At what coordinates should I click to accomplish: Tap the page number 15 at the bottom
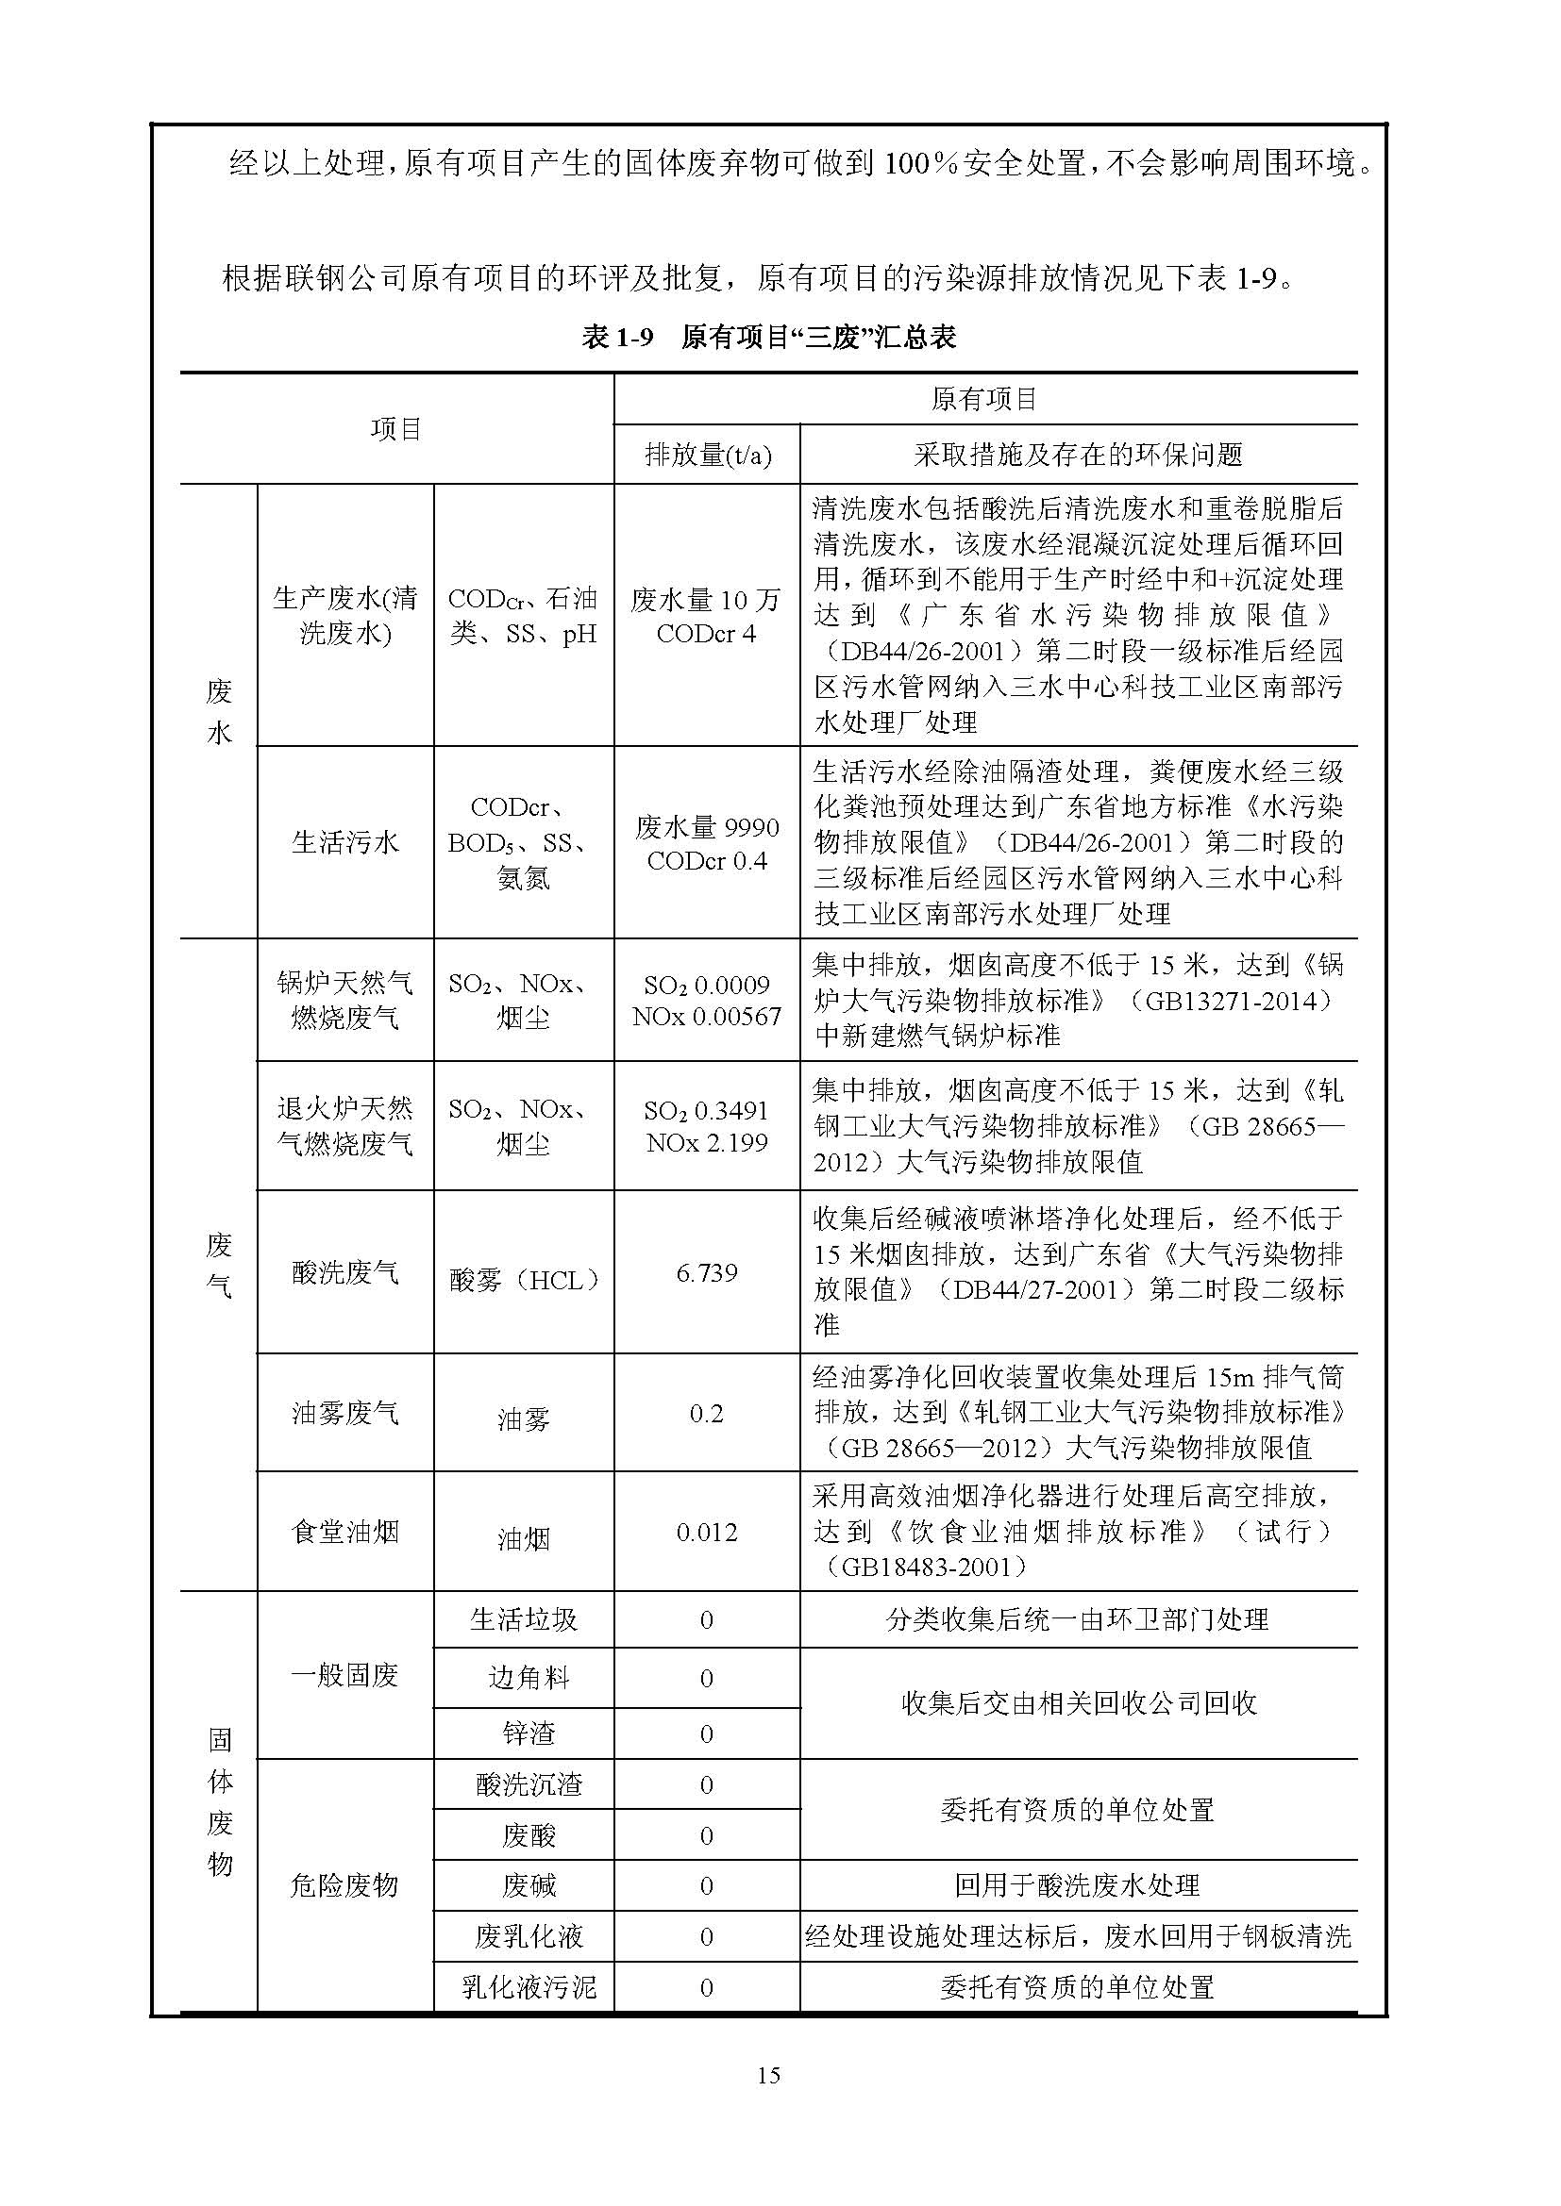[768, 2074]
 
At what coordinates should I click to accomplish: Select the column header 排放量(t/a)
[708, 455]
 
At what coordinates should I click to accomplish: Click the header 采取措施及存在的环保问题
[1079, 455]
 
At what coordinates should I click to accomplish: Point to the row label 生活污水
[345, 842]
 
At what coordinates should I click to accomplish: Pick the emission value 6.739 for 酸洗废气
[707, 1273]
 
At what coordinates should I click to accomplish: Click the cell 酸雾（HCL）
[524, 1280]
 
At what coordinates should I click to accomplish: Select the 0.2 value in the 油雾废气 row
[707, 1414]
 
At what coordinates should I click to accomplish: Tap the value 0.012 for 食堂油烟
[707, 1533]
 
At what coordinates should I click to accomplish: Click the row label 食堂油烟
[345, 1533]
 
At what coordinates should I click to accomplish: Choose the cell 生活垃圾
[524, 1620]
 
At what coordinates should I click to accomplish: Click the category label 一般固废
[345, 1676]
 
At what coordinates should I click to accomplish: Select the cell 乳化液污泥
[529, 1987]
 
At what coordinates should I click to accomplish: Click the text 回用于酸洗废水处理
[1079, 1885]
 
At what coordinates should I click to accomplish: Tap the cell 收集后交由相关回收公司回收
[1079, 1704]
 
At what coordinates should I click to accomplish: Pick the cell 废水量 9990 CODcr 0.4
[707, 843]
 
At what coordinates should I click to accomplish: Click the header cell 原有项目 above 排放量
[984, 399]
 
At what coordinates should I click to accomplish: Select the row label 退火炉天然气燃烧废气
[345, 1126]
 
